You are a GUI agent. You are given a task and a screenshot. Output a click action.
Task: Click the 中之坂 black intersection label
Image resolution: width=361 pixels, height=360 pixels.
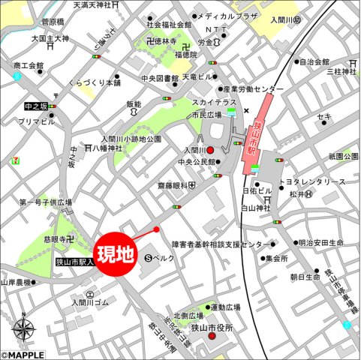click(x=35, y=106)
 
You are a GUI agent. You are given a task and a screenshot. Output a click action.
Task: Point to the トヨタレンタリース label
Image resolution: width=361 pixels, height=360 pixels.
click(x=312, y=182)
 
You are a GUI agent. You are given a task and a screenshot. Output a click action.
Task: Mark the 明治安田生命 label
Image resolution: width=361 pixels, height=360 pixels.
click(x=320, y=243)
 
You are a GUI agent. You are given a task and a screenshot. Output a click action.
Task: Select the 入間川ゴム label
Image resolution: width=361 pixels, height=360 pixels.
click(x=91, y=302)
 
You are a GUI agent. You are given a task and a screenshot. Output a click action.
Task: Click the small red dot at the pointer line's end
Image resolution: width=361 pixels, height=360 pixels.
click(x=157, y=229)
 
